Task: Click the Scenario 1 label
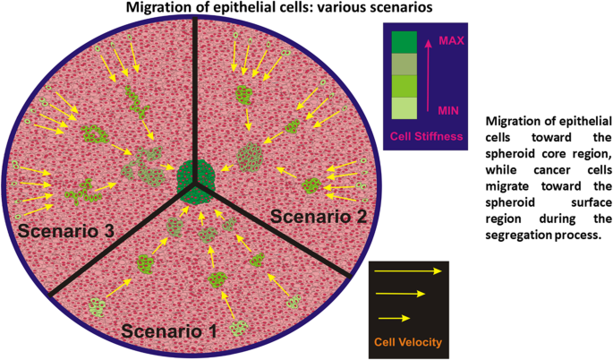point(169,330)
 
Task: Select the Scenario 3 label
point(65,230)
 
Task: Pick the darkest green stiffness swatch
point(404,42)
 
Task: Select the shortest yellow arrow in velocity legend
point(395,317)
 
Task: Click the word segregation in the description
point(522,235)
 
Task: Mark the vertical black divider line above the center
point(196,90)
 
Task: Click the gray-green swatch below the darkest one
point(404,64)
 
